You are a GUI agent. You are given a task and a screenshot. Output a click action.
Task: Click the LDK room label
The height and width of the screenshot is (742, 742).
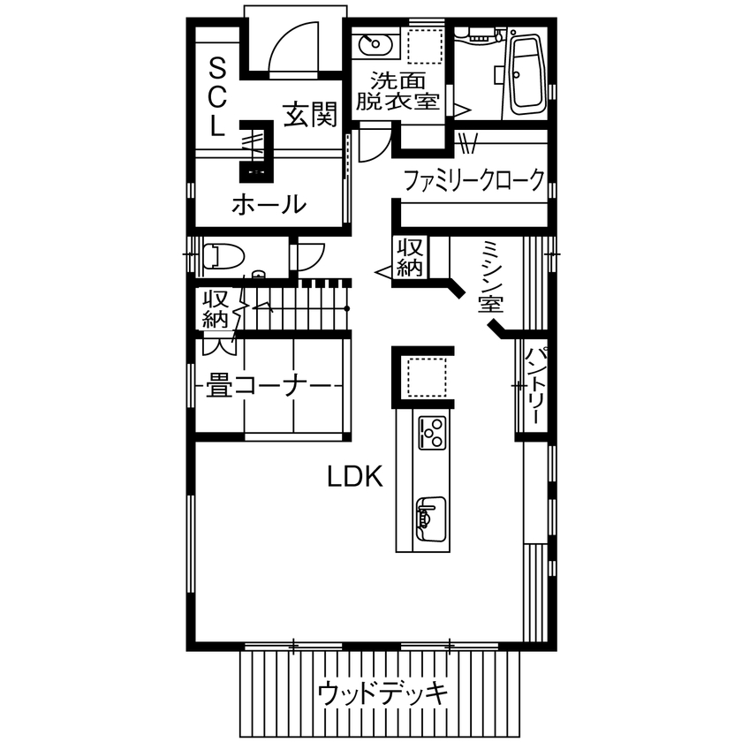[x=354, y=478]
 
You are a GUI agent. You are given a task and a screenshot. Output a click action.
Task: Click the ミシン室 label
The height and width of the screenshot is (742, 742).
[x=491, y=277]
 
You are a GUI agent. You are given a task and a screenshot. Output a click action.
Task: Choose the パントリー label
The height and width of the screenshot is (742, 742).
[x=534, y=386]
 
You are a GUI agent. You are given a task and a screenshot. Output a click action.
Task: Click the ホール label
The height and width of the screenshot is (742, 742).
[x=269, y=205]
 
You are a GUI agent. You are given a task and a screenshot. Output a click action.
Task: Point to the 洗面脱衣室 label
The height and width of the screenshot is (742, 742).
[x=397, y=89]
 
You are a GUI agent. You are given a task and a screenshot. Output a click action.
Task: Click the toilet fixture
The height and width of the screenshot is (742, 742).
[x=222, y=257]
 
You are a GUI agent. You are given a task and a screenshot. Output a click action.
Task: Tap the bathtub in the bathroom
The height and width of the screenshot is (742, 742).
[x=527, y=74]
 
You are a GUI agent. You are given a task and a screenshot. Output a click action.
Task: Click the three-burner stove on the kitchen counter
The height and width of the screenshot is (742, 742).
[x=432, y=432]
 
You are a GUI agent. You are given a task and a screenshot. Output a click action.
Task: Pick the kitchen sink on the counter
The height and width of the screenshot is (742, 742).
[x=430, y=518]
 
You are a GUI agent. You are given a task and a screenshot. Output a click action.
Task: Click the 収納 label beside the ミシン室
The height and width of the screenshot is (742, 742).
[x=410, y=257]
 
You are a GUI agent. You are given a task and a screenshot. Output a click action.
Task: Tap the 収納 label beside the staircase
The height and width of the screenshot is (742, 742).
[x=216, y=308]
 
